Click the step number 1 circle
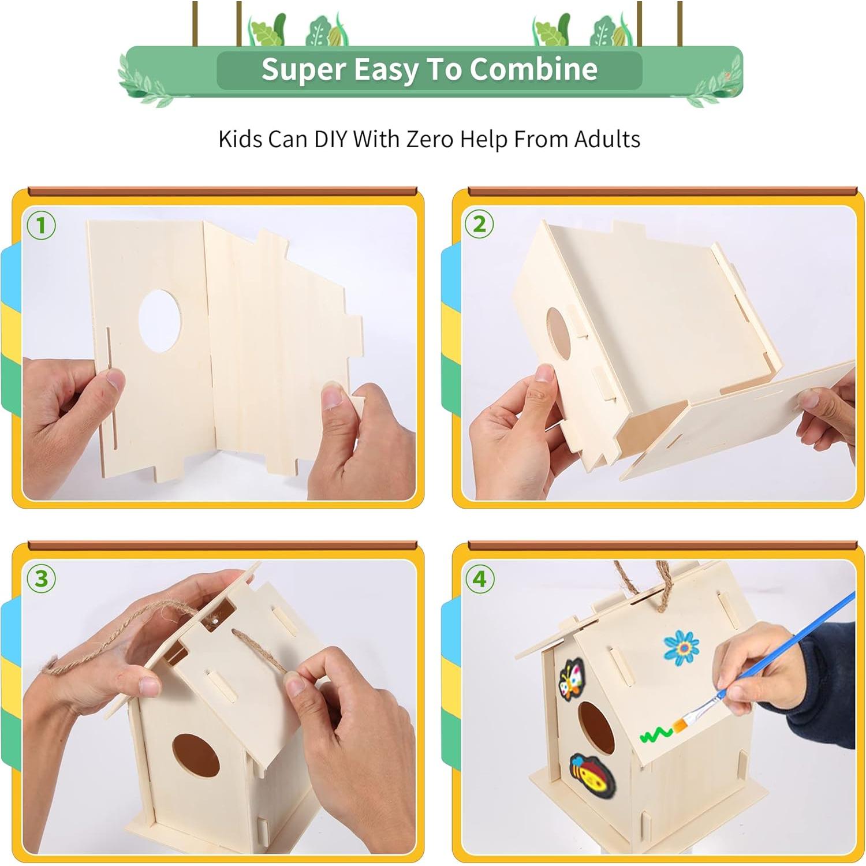click(x=41, y=225)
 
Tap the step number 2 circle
click(x=479, y=224)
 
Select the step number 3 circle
click(x=41, y=578)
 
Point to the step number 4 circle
click(x=480, y=578)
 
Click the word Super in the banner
click(x=303, y=69)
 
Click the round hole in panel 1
click(x=160, y=320)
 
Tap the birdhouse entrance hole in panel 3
click(x=196, y=755)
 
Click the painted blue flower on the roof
click(x=681, y=647)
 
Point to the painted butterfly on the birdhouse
click(x=572, y=680)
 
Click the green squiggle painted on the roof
click(x=656, y=735)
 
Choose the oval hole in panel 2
click(x=558, y=334)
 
